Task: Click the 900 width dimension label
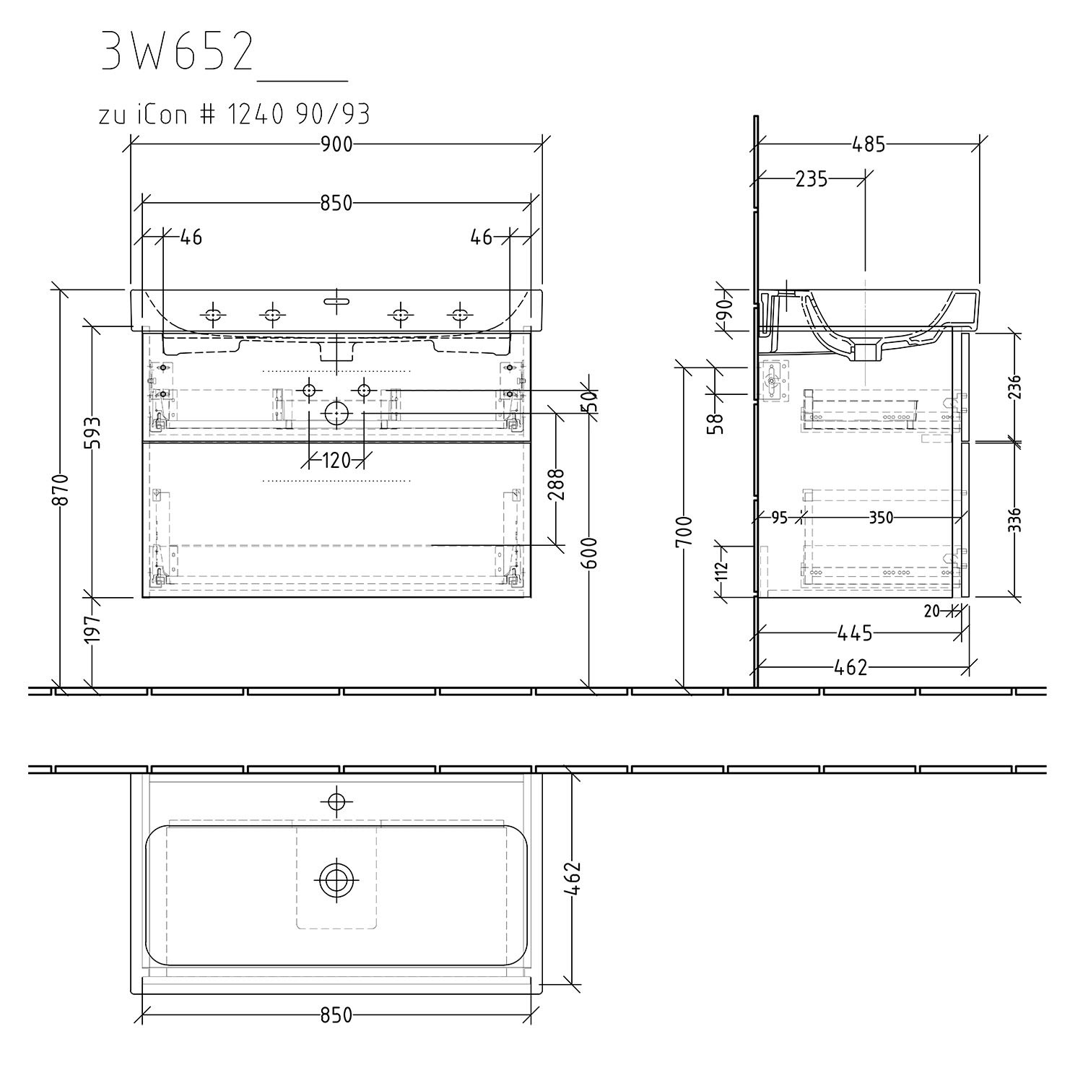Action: tap(336, 144)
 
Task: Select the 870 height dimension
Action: tap(64, 489)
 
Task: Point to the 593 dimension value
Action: tap(93, 432)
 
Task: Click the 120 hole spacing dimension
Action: tap(336, 460)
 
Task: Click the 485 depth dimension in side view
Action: tap(869, 144)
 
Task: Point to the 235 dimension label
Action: tap(811, 178)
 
